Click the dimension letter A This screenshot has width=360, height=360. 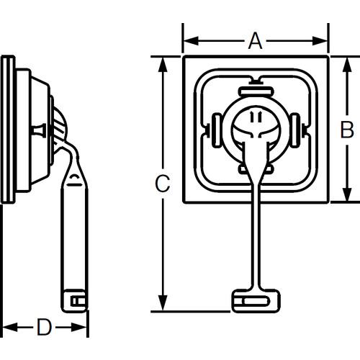255,41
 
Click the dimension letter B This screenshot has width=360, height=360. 347,130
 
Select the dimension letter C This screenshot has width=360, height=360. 163,184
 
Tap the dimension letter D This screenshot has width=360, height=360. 44,327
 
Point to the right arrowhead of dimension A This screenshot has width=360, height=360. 320,41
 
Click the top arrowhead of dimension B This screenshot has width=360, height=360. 347,65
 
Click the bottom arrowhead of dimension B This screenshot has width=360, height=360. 347,194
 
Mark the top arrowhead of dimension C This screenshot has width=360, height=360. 163,65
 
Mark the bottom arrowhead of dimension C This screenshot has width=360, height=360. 163,303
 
